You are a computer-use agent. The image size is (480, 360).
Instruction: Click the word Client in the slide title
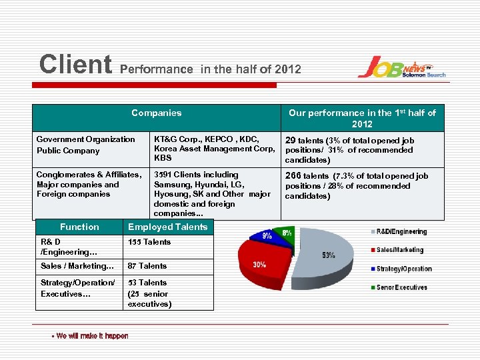(76, 65)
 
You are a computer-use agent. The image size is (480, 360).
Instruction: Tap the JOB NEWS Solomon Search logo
(401, 67)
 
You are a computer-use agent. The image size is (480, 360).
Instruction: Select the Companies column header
(156, 113)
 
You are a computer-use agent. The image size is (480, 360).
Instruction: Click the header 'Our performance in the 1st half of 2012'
(362, 118)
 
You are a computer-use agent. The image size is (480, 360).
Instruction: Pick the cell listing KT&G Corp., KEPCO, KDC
(213, 148)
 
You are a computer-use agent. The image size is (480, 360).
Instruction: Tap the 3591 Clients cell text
(212, 193)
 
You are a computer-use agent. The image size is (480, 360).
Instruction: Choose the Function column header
(79, 227)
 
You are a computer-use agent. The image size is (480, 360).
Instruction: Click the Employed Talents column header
(167, 227)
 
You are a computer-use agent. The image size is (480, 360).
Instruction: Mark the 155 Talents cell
(149, 242)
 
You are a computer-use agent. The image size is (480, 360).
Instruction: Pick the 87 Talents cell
(147, 265)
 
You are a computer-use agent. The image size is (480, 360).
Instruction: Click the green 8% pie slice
(287, 234)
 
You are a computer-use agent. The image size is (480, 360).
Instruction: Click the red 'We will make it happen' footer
(90, 335)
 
